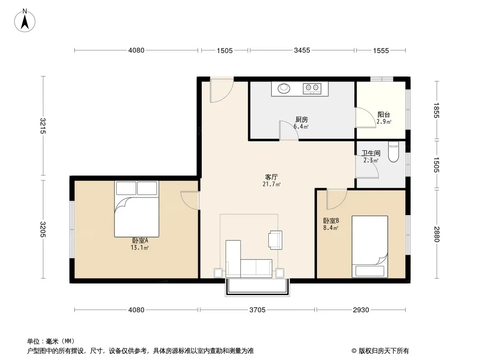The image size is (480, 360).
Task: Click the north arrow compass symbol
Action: pyautogui.click(x=25, y=20)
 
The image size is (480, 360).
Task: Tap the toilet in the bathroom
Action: pyautogui.click(x=394, y=152)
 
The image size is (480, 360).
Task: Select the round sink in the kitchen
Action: pyautogui.click(x=284, y=88)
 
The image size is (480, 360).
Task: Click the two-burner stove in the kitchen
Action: pyautogui.click(x=312, y=88)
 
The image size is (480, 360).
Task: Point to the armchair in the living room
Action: pyautogui.click(x=275, y=240)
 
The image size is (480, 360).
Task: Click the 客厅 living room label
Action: pyautogui.click(x=271, y=177)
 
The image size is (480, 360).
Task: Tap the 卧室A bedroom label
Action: pyautogui.click(x=140, y=241)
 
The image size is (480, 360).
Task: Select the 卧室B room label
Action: pyautogui.click(x=331, y=220)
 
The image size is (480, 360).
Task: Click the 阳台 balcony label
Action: pyautogui.click(x=384, y=115)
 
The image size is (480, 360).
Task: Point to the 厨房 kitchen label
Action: pyautogui.click(x=302, y=120)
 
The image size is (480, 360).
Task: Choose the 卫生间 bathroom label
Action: pyautogui.click(x=371, y=153)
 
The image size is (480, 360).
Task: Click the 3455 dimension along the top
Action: pyautogui.click(x=302, y=50)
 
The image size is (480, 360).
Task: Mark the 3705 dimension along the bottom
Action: pyautogui.click(x=258, y=310)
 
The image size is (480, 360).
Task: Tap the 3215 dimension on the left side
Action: pyautogui.click(x=43, y=126)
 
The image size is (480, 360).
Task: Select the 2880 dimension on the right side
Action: pyautogui.click(x=437, y=234)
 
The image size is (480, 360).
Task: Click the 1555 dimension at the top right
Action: pyautogui.click(x=381, y=50)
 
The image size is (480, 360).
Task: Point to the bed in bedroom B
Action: pyautogui.click(x=370, y=247)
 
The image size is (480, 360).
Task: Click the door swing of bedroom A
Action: pyautogui.click(x=190, y=200)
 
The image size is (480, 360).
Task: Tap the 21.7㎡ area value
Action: pyautogui.click(x=272, y=184)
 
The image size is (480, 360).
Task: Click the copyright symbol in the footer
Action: pyautogui.click(x=354, y=351)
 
